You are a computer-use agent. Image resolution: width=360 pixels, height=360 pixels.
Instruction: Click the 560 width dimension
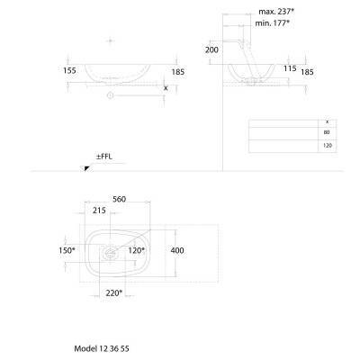coord(119,199)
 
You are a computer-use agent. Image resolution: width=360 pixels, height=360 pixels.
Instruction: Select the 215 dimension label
coord(99,211)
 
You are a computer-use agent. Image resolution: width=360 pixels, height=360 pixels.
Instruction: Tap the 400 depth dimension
coord(177,250)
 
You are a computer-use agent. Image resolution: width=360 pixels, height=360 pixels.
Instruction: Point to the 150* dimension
coord(67,250)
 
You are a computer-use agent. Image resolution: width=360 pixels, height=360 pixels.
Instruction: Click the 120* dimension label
coord(137,250)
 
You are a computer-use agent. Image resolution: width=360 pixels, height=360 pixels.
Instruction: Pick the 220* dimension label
coord(114,292)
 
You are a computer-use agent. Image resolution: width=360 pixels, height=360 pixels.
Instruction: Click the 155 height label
coord(69,71)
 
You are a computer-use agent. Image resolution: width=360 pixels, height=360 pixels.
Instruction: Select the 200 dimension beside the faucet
coord(211,49)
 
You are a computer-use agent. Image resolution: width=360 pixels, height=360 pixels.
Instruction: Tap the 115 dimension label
coord(290,68)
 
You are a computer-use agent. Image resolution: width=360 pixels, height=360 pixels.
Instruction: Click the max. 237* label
coord(276,12)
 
